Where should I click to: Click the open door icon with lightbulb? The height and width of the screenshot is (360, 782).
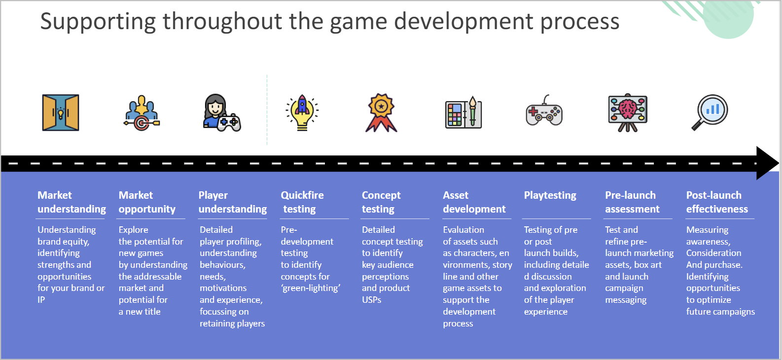(x=61, y=112)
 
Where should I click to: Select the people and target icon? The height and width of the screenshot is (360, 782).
(x=142, y=113)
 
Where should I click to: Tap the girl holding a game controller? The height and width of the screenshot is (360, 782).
(x=222, y=113)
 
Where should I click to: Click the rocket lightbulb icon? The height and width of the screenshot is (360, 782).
(x=302, y=112)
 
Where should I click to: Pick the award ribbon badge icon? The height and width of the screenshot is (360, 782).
(x=381, y=113)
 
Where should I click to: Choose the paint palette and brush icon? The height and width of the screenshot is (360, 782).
(x=463, y=112)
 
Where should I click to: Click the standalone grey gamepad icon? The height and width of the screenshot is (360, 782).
(x=544, y=110)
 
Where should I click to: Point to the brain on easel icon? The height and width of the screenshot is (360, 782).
(x=628, y=112)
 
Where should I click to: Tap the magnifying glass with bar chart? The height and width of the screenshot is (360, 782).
(x=710, y=112)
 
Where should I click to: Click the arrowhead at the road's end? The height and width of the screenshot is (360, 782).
(x=767, y=163)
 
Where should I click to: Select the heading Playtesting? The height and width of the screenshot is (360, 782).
(x=550, y=195)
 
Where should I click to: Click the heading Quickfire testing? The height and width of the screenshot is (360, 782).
(x=302, y=202)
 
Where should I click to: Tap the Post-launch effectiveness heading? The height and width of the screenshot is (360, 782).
(x=717, y=202)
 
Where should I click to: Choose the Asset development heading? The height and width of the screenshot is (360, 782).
(x=474, y=202)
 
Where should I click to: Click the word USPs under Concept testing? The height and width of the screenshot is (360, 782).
(x=371, y=300)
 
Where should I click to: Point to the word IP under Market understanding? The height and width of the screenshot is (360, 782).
(x=41, y=300)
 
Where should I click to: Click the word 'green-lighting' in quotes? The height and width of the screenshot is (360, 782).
(x=311, y=288)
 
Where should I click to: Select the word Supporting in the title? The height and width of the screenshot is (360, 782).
(x=98, y=22)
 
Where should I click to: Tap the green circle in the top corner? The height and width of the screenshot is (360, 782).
(x=728, y=16)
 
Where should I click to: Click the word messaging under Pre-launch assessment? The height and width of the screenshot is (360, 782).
(x=626, y=300)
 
